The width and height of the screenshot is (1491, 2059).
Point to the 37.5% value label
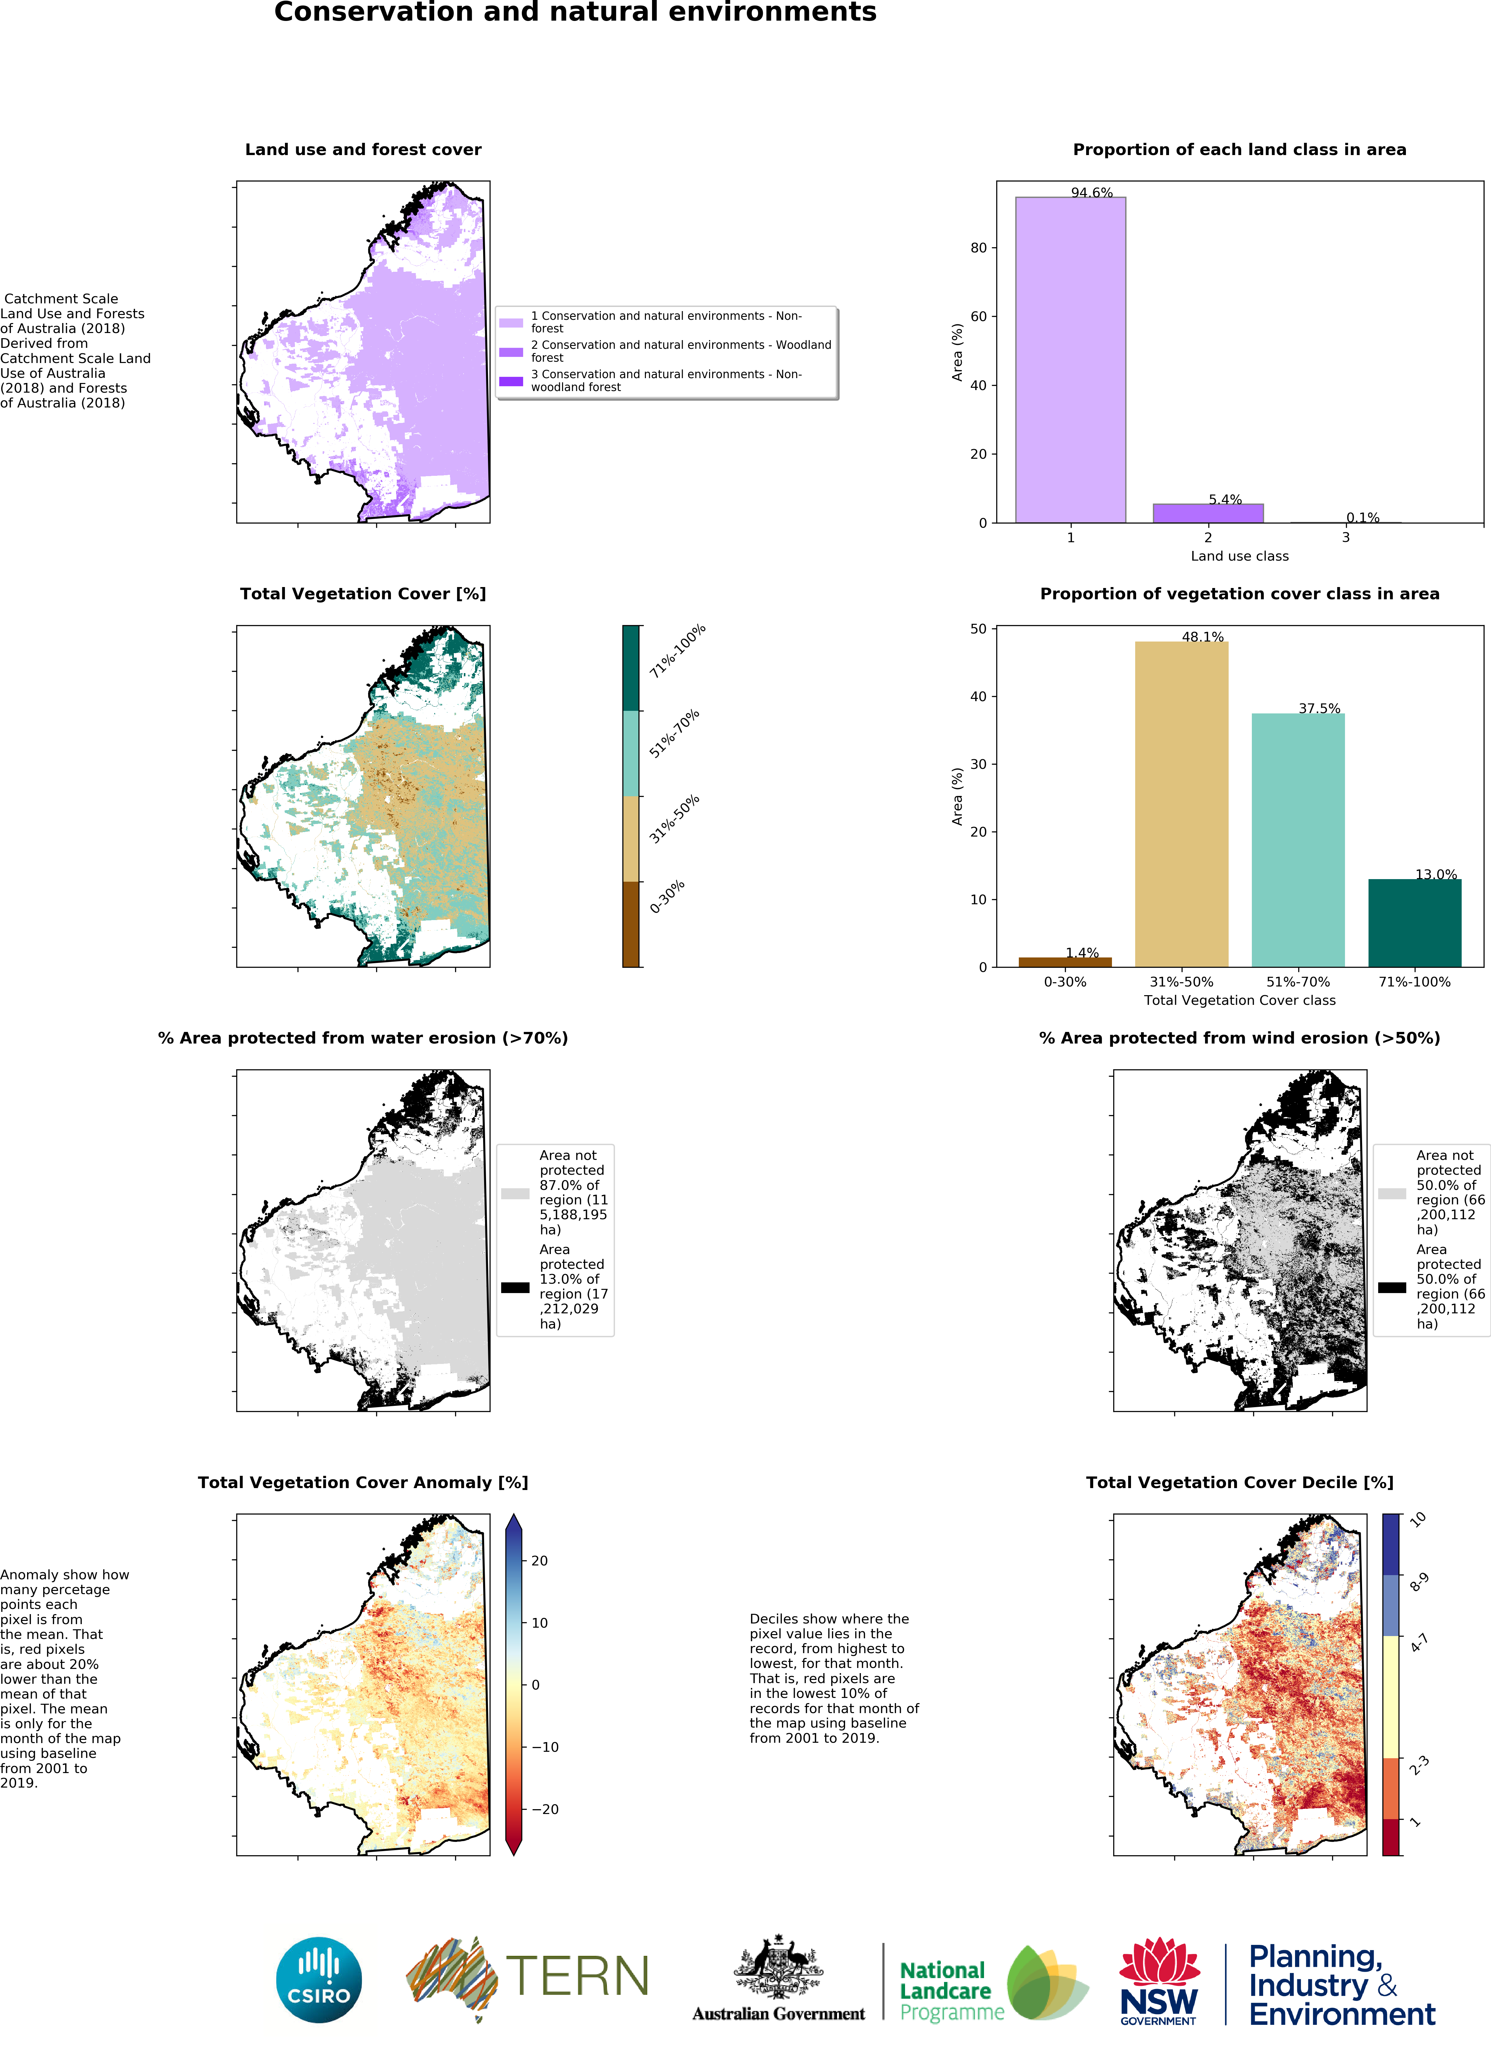pos(1319,708)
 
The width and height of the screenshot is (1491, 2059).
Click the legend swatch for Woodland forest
pos(511,351)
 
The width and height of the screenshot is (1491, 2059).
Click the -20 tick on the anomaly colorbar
pos(544,1809)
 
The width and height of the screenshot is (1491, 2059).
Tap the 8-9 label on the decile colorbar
pos(1418,1583)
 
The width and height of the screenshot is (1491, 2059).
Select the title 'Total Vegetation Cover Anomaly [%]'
pos(363,1483)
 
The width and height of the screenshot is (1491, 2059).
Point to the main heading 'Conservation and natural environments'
pos(575,13)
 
